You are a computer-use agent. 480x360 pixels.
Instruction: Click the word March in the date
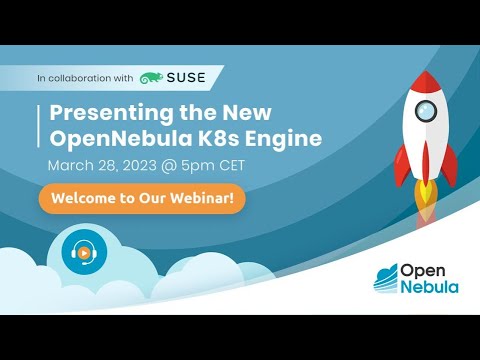point(69,163)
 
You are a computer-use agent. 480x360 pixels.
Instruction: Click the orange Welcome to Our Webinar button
point(143,198)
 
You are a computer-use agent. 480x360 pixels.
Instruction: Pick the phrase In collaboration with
point(84,77)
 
